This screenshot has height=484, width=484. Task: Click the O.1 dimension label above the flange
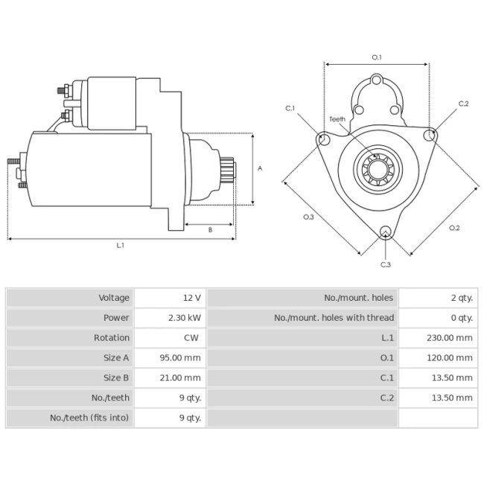click(x=377, y=57)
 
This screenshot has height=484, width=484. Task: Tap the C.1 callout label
click(x=290, y=109)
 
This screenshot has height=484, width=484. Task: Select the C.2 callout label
click(x=463, y=104)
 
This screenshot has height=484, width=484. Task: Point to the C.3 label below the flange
click(x=386, y=264)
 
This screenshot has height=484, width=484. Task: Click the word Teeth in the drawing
click(x=337, y=119)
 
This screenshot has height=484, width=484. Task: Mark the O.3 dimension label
click(x=308, y=217)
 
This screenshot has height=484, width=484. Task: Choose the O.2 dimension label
click(x=454, y=228)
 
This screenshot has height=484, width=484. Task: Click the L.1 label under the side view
click(x=121, y=246)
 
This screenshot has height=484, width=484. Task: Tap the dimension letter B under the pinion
click(x=210, y=230)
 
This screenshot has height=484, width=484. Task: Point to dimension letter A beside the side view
click(x=260, y=168)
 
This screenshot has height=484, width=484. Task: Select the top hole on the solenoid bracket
click(x=376, y=80)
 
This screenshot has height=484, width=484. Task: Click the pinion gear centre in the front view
click(x=378, y=170)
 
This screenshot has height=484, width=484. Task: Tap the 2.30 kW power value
click(x=185, y=318)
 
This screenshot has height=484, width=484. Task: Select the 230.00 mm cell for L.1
click(x=450, y=338)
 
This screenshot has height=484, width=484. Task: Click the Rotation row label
click(x=112, y=338)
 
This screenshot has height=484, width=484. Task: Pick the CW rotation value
click(x=191, y=338)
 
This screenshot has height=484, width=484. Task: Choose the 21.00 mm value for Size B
click(x=180, y=378)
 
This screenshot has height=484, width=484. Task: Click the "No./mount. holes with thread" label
click(x=334, y=318)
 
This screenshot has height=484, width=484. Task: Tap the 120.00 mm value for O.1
click(x=450, y=357)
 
